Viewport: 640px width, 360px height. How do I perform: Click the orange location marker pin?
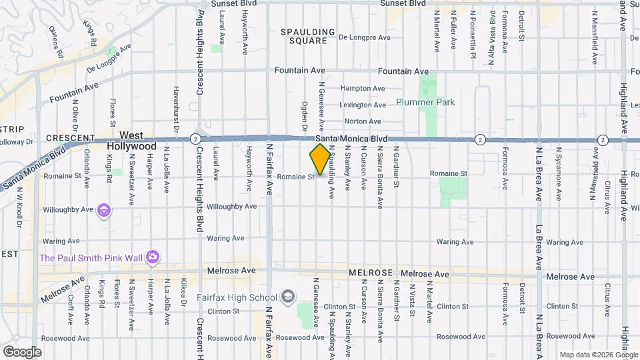(320, 159)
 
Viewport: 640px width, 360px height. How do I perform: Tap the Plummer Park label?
(425, 102)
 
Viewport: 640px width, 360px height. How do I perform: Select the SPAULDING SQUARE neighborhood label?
(307, 36)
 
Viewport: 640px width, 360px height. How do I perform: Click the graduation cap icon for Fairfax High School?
(288, 296)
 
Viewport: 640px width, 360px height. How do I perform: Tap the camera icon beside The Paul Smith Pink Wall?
(153, 257)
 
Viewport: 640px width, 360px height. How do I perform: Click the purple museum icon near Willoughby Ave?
(103, 211)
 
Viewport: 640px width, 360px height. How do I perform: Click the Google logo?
(22, 351)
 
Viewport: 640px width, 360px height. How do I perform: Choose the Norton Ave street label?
(363, 121)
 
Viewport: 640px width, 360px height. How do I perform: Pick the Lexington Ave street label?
(363, 105)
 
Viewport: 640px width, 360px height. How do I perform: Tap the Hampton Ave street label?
(363, 88)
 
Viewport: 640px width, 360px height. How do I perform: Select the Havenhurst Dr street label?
(176, 107)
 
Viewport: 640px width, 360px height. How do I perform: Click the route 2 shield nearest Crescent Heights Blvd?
(194, 139)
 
